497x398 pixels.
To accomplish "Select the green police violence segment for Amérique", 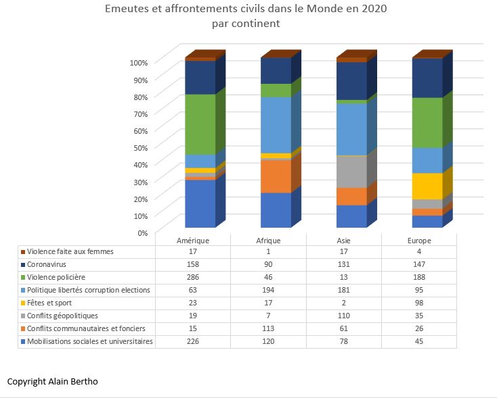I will click(200, 124).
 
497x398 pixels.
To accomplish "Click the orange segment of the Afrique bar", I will click(276, 176).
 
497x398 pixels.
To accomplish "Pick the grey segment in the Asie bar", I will click(351, 172).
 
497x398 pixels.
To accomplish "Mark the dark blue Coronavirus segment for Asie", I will click(351, 81).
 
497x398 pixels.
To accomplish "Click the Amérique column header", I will click(193, 241).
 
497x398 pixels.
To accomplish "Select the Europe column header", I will click(419, 241).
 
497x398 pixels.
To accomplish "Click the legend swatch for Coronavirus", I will click(23, 265).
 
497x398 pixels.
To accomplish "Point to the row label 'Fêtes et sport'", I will click(50, 303).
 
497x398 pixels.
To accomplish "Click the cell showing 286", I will click(193, 278).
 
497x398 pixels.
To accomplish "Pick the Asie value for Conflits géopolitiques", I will click(345, 316).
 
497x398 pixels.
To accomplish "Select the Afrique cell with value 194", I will click(269, 291).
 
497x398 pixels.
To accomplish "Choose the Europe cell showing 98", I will click(419, 303).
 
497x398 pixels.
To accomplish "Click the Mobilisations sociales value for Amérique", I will click(193, 341).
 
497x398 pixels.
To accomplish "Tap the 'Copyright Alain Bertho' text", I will click(53, 382).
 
